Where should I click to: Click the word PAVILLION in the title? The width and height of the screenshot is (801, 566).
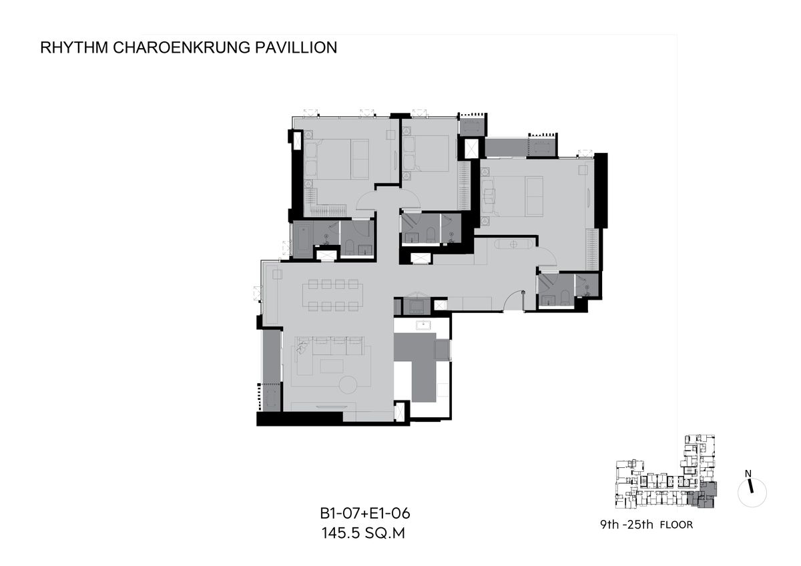296,47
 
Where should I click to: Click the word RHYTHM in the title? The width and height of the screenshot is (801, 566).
74,47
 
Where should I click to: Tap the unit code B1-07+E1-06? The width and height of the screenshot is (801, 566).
364,514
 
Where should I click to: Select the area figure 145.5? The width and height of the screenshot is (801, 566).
340,533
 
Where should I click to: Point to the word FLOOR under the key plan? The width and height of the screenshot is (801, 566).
676,525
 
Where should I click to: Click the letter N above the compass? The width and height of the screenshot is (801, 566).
748,474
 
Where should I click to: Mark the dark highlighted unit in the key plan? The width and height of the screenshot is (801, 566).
702,495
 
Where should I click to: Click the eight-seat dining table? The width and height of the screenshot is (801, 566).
332,295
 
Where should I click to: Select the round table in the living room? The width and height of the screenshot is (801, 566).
348,385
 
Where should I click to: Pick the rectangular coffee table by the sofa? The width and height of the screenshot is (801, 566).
332,366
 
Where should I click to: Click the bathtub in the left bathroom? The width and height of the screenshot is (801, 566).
303,238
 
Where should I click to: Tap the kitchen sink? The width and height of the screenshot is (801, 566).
423,325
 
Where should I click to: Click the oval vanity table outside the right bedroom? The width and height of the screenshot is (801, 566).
514,244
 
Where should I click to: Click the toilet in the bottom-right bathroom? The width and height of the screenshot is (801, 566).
565,298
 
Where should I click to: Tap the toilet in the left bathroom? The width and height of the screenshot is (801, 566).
349,247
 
